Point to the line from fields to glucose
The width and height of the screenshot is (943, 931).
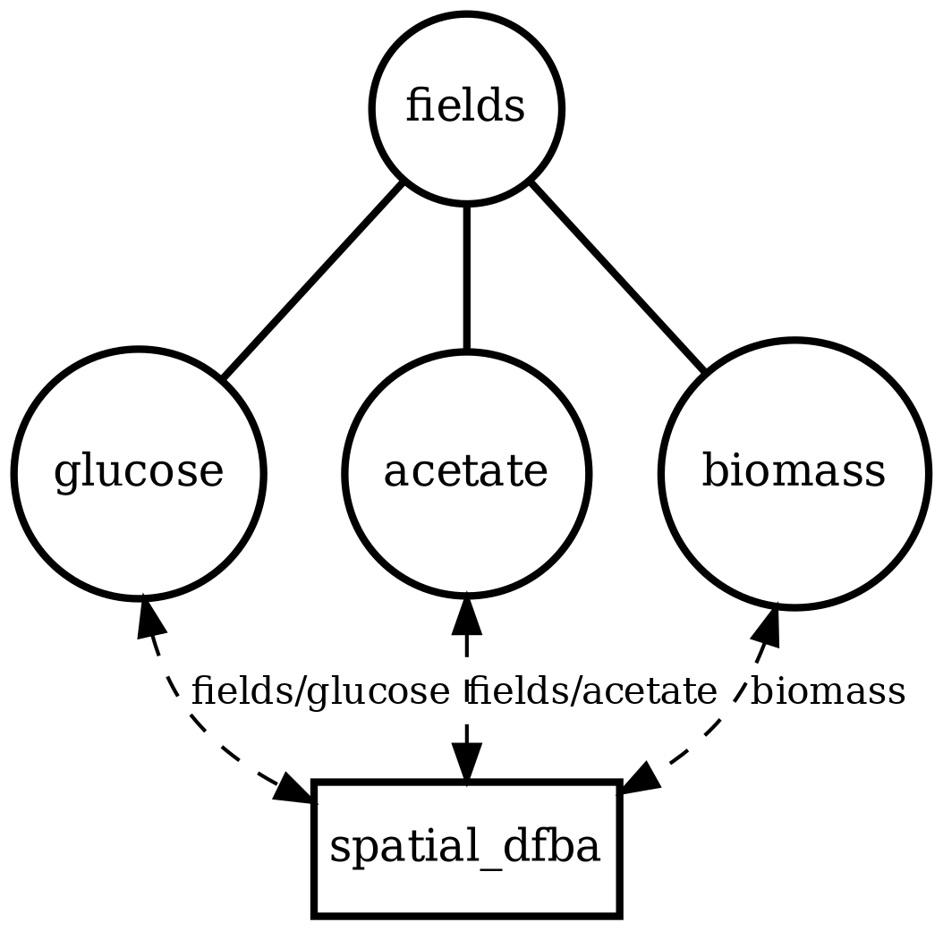[x=311, y=280]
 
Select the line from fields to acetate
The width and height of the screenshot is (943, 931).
[x=466, y=277]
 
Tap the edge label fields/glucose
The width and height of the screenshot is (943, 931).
[x=320, y=691]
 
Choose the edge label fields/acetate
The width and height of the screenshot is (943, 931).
[x=592, y=691]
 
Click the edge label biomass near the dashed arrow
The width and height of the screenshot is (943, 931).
[x=828, y=691]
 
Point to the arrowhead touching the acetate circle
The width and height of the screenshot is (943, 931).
[x=466, y=616]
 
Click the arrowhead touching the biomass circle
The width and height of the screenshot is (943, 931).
[x=767, y=625]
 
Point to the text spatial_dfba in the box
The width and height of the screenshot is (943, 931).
[x=465, y=849]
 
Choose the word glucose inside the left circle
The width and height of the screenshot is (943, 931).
[x=139, y=473]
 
